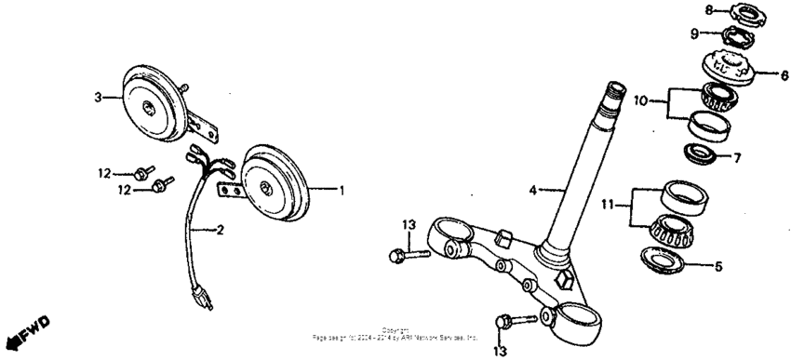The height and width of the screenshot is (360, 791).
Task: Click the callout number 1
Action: point(342,190)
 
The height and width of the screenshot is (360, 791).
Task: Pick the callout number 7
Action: point(736,158)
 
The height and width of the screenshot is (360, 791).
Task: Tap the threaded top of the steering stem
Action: point(614,91)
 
